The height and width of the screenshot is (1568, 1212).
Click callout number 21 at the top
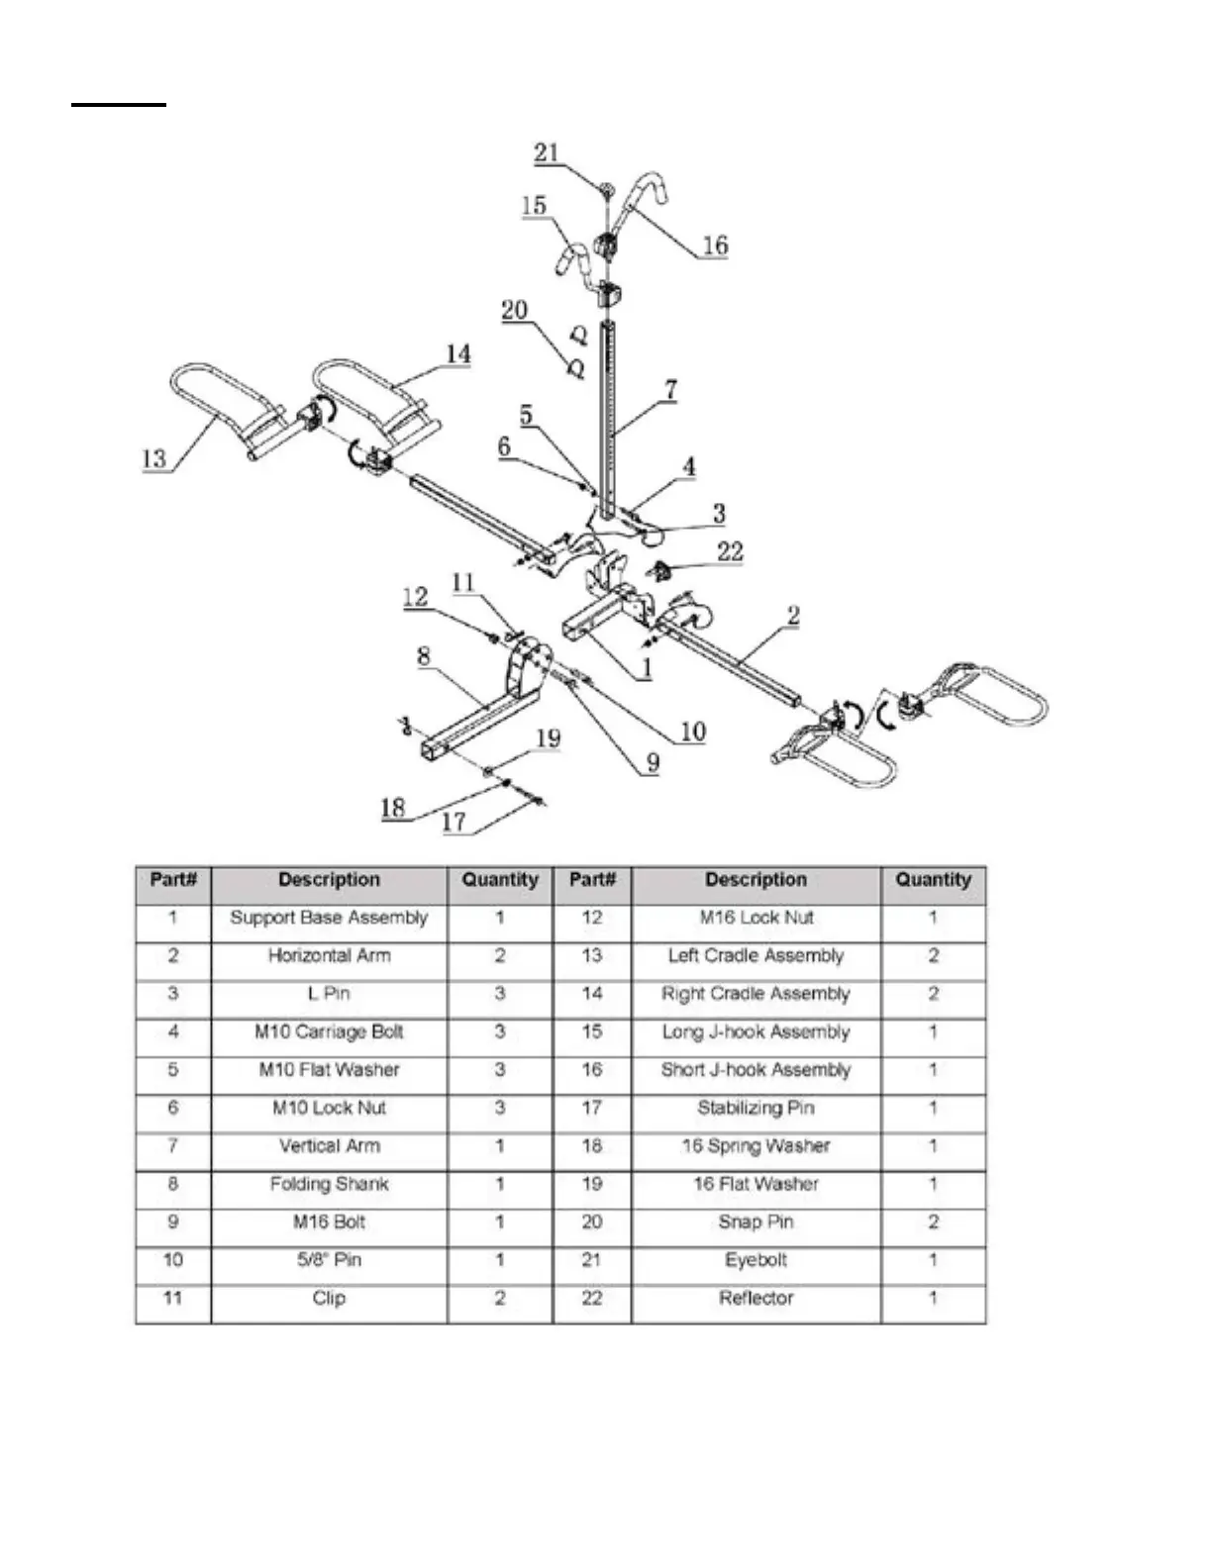547,153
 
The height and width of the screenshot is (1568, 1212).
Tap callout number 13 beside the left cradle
154,459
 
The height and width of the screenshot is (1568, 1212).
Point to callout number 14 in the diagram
457,353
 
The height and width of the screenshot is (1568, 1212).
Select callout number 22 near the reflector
730,551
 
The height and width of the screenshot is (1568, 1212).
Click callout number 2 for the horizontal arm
793,616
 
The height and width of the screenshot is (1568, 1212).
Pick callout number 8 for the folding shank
424,655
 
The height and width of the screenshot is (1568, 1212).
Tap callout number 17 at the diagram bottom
454,822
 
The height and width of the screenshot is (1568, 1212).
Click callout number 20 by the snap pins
515,311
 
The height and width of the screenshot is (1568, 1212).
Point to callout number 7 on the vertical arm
670,389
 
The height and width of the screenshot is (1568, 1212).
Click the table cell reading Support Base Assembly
329,918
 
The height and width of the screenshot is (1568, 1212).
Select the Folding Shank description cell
329,1184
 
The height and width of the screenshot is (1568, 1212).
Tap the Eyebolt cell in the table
756,1260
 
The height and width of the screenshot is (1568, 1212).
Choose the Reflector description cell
756,1298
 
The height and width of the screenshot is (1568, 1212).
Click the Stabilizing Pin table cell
756,1108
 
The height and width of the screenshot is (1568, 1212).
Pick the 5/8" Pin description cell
329,1260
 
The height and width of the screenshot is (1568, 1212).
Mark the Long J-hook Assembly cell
756,1031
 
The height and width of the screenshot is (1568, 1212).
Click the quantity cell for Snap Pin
933,1222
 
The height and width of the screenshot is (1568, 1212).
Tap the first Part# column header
173,880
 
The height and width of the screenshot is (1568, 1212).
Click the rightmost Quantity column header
933,880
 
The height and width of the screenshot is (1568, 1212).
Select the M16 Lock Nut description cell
756,918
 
